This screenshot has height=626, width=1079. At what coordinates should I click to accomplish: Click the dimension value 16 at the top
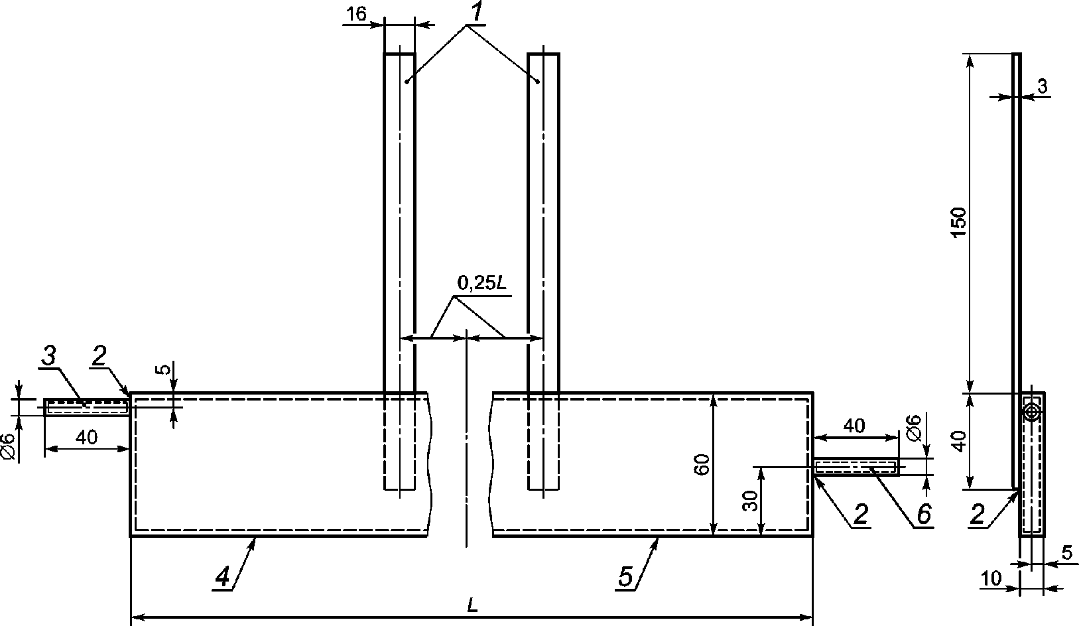pos(356,14)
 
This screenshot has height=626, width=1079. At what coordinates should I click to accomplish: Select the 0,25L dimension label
pos(482,284)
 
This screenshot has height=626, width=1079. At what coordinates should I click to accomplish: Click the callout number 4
pos(223,577)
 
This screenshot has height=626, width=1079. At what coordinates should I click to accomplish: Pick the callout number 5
pos(625,576)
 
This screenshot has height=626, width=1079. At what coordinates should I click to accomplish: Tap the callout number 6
pos(924,515)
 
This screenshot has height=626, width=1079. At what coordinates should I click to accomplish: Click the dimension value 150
pos(959,221)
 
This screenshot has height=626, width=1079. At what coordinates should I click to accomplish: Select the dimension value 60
pos(702,464)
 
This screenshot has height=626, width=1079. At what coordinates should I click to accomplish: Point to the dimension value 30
pos(751,501)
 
